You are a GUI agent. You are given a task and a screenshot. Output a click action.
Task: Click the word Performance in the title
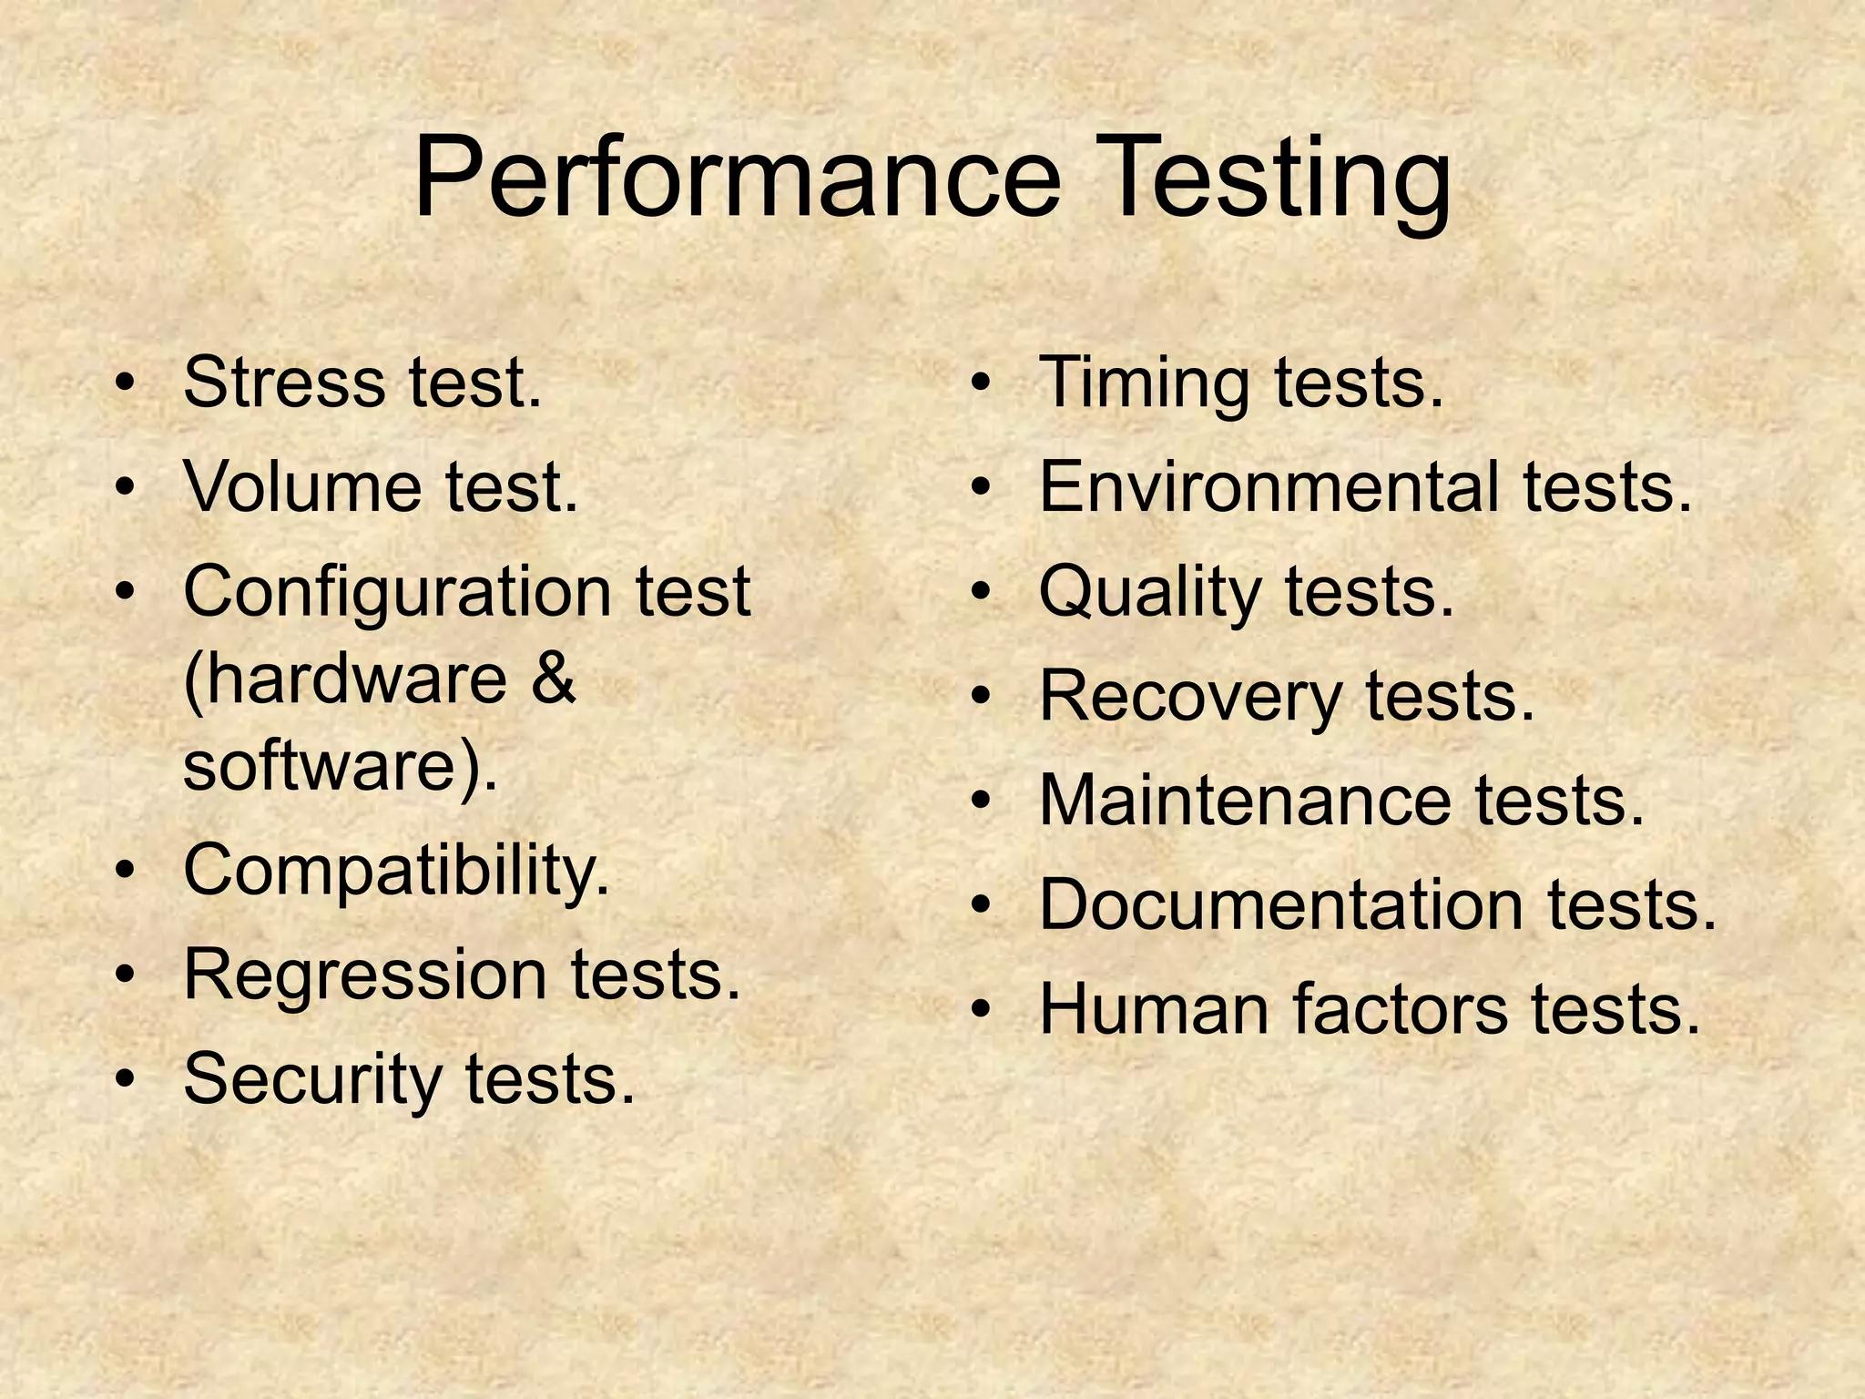click(737, 178)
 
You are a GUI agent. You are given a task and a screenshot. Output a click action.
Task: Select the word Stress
click(283, 383)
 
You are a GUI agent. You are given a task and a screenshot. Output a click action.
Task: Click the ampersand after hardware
click(552, 679)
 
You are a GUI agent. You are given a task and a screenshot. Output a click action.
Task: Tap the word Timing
click(1144, 383)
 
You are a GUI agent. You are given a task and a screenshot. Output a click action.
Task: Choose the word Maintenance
click(1244, 802)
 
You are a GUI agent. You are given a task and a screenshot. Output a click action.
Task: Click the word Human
click(1153, 1010)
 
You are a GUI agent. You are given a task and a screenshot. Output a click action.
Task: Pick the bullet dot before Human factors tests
click(980, 1010)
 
